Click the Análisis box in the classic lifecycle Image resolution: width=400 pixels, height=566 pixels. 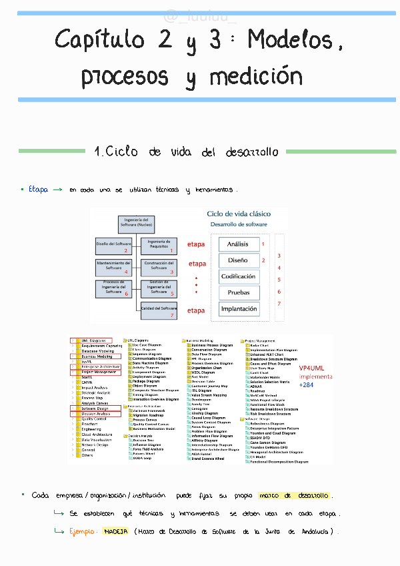pyautogui.click(x=238, y=244)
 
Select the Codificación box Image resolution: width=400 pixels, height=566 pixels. pyautogui.click(x=238, y=276)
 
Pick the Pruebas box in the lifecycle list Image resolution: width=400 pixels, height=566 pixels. pyautogui.click(x=238, y=292)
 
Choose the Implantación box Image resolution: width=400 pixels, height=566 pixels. pyautogui.click(x=238, y=309)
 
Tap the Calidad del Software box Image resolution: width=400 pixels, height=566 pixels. pyautogui.click(x=159, y=308)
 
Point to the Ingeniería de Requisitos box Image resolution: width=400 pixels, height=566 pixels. pyautogui.click(x=159, y=245)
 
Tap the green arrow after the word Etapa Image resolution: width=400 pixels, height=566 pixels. pyautogui.click(x=57, y=190)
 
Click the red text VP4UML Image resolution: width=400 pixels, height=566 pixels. pyautogui.click(x=311, y=368)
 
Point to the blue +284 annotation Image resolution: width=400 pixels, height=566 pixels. pyautogui.click(x=306, y=385)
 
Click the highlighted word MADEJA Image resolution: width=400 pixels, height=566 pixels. pyautogui.click(x=115, y=532)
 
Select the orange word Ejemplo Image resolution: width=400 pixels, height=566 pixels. pyautogui.click(x=83, y=532)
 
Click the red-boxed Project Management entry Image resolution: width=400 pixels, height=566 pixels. pyautogui.click(x=95, y=372)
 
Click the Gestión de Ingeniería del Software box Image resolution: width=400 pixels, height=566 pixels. pyautogui.click(x=159, y=288)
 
